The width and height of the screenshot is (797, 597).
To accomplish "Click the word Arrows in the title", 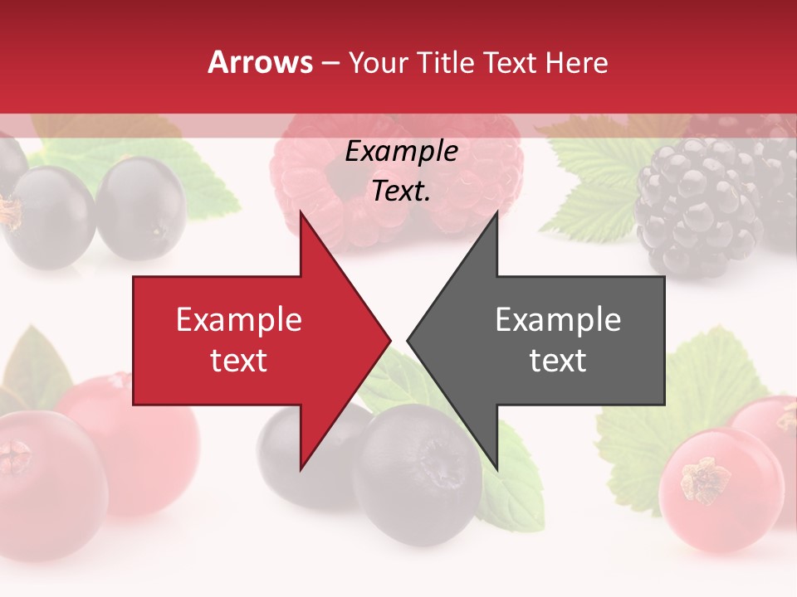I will pos(260,62).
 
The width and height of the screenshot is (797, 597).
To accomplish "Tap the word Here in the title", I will pos(576,62).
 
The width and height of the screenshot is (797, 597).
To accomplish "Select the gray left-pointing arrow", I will pos(565,340).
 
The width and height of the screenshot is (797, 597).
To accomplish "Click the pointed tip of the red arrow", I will pos(389,340).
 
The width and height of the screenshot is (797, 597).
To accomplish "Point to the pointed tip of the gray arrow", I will pos(409,340).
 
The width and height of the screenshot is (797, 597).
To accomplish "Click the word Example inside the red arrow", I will pos(239,320).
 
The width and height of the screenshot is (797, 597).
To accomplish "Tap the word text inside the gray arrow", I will pos(558,360).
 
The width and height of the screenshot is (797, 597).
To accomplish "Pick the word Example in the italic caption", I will pos(402,152).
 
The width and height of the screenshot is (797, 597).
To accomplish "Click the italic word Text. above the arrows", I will pos(402,191).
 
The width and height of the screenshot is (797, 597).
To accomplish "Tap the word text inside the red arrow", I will pos(239,360).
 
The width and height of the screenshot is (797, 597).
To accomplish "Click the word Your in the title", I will pos(378,62).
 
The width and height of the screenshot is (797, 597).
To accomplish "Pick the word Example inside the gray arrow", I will pos(558,320).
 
